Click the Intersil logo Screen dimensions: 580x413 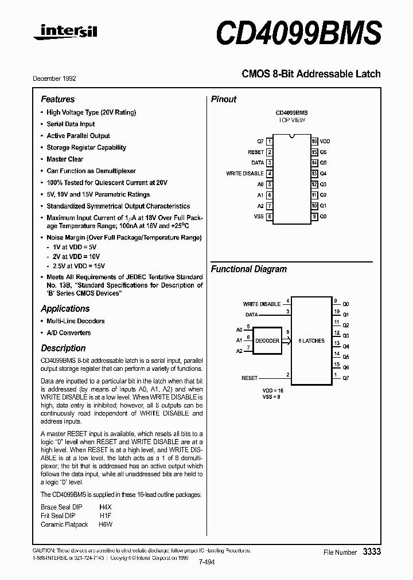(65, 34)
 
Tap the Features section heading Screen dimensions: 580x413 (57, 99)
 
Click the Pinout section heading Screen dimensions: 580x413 (224, 99)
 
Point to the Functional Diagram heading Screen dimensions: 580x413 (248, 269)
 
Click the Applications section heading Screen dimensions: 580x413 (65, 308)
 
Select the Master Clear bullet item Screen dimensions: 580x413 (65, 159)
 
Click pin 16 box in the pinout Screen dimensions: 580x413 (314, 141)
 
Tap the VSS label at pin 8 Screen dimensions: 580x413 (259, 217)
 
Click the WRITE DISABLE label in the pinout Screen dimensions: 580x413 (245, 173)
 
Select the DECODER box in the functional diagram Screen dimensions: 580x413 (267, 340)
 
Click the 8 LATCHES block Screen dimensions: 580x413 (311, 340)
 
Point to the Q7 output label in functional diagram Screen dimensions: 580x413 (345, 378)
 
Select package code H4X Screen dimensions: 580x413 (106, 507)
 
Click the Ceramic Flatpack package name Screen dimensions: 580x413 (64, 524)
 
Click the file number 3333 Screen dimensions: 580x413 (371, 551)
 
